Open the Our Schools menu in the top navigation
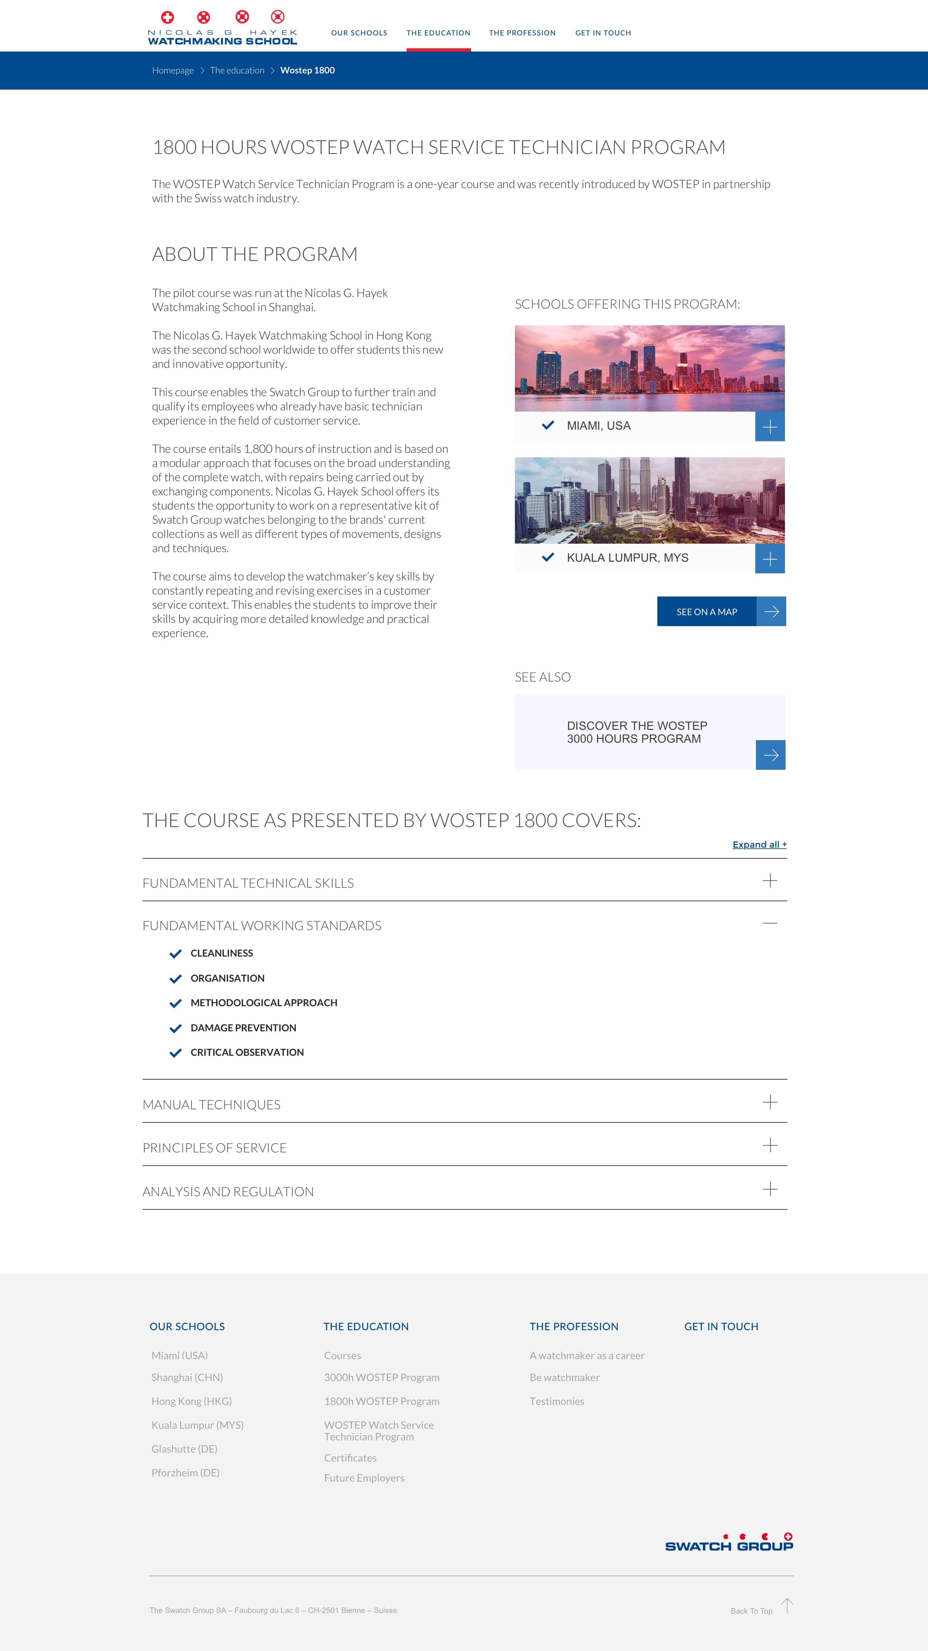tap(359, 33)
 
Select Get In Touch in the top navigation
tap(603, 33)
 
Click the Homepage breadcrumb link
tap(172, 71)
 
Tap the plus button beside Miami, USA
tap(769, 427)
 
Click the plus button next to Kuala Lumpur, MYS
tap(769, 559)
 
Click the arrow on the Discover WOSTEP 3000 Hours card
tap(770, 755)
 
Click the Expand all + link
tap(759, 845)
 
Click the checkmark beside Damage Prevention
tap(175, 1029)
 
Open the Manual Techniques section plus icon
tap(769, 1102)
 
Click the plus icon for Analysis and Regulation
tap(769, 1189)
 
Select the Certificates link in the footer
tap(350, 1458)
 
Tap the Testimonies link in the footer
tap(557, 1402)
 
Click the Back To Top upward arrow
tap(787, 1606)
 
